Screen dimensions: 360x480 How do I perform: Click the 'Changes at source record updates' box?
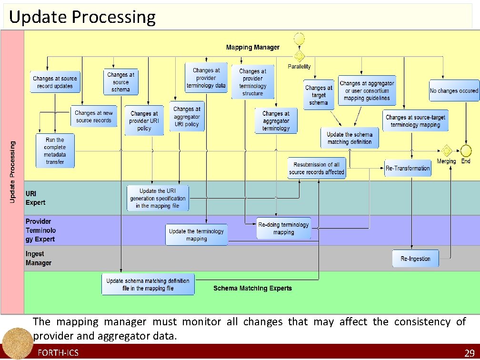click(55, 82)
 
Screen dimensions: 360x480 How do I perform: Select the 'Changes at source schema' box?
click(120, 82)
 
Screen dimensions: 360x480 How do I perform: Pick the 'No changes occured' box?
click(454, 91)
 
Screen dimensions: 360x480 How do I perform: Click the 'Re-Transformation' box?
click(408, 168)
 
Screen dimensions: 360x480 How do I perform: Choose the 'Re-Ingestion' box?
click(415, 259)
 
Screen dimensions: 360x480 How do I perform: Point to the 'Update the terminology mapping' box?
click(196, 235)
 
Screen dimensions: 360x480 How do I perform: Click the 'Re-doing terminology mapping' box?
click(283, 229)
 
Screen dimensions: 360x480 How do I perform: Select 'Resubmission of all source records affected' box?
click(317, 168)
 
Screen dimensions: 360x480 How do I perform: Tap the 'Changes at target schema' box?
click(319, 95)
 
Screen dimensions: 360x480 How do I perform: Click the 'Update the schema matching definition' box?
click(350, 138)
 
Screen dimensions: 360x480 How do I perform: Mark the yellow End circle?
click(466, 150)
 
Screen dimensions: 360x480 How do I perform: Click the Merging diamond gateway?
click(446, 150)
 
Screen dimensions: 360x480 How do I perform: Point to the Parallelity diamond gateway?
click(299, 56)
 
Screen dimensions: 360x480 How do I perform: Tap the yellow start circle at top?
click(299, 37)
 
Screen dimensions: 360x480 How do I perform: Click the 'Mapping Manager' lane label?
click(252, 47)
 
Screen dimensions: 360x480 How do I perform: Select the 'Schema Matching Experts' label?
click(252, 288)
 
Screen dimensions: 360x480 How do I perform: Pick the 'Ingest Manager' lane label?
click(39, 258)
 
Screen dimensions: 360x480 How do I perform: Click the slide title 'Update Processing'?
click(82, 17)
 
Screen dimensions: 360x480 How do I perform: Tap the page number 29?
click(469, 353)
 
